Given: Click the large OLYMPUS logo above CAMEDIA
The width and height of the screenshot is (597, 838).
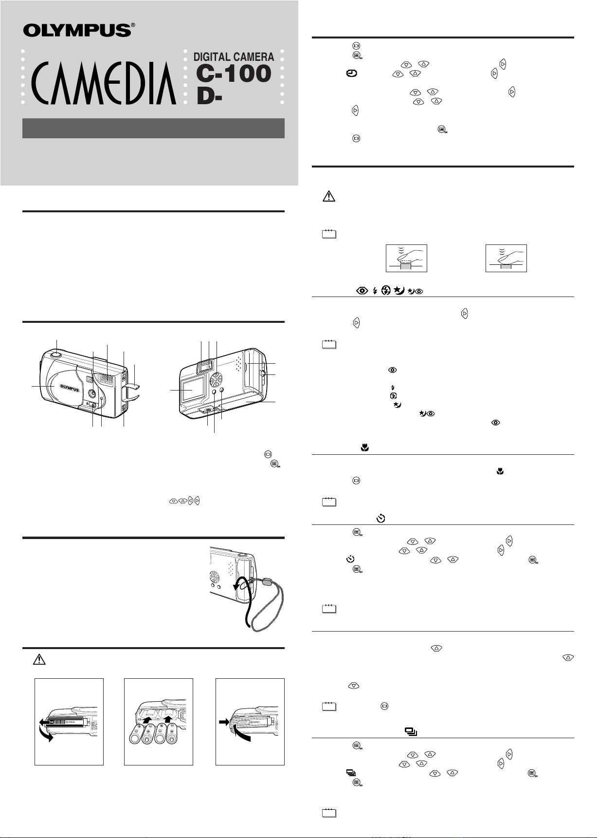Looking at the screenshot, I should coord(77,30).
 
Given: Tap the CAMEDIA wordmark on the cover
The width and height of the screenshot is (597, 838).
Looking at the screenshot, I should coord(103,83).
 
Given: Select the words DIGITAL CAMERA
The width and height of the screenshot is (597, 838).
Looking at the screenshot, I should coord(234,57).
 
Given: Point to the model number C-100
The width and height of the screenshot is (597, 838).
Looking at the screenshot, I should coord(234,74).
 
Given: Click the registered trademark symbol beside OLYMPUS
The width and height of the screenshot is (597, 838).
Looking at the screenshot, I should coord(133,25).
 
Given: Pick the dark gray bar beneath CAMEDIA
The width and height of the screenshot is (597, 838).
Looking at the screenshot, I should coord(153,128).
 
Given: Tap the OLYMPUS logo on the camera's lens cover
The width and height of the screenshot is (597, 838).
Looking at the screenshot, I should coord(70,387).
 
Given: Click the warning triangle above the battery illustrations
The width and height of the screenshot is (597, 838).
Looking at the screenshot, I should coord(39,660).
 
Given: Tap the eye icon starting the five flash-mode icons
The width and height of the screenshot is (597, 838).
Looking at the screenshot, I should coord(362,291).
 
